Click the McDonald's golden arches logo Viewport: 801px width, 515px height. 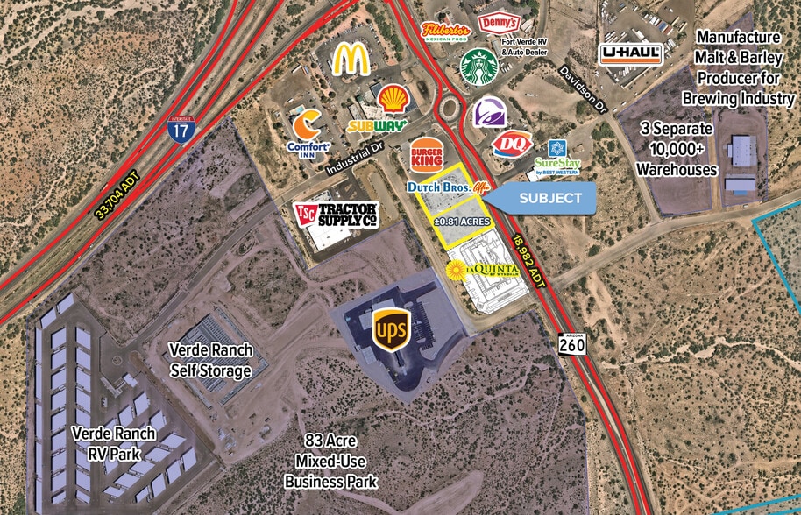(x=351, y=59)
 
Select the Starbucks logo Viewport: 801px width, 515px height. (x=478, y=67)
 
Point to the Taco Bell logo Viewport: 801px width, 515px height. (x=489, y=114)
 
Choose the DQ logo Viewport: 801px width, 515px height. (x=512, y=145)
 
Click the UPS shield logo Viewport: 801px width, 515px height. (x=390, y=329)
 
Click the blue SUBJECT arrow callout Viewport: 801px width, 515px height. (x=543, y=198)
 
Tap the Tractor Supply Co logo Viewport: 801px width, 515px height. (x=336, y=214)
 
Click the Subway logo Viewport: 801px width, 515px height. (x=379, y=125)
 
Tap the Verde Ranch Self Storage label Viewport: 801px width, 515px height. (x=210, y=361)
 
